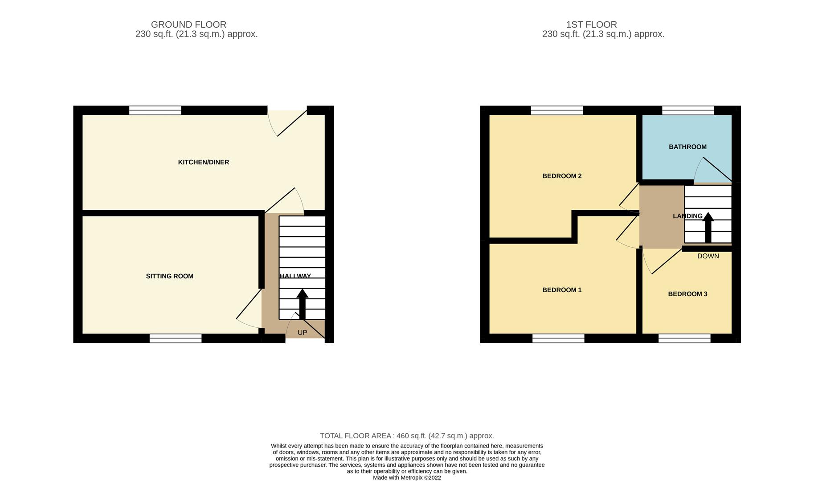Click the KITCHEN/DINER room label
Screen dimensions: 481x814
(203, 162)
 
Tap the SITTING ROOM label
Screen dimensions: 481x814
(169, 276)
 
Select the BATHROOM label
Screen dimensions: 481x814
(687, 147)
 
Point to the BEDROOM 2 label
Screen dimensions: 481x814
(562, 176)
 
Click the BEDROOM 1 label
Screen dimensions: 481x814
(562, 290)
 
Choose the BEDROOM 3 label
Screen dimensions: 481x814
(687, 294)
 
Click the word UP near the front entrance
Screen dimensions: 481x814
(302, 333)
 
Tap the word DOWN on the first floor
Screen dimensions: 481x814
(708, 256)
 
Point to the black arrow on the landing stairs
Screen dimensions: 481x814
(708, 227)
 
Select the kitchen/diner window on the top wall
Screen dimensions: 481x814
(155, 110)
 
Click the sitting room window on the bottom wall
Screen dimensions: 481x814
(175, 338)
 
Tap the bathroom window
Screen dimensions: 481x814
(688, 110)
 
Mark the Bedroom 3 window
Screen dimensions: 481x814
(684, 338)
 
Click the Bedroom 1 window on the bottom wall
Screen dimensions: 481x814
(558, 338)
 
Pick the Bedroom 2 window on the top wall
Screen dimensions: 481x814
(556, 110)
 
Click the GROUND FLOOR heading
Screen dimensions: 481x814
(188, 24)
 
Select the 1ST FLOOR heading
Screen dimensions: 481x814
(591, 24)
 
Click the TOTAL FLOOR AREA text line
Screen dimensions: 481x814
(407, 436)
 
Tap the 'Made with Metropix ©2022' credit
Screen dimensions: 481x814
(407, 478)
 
